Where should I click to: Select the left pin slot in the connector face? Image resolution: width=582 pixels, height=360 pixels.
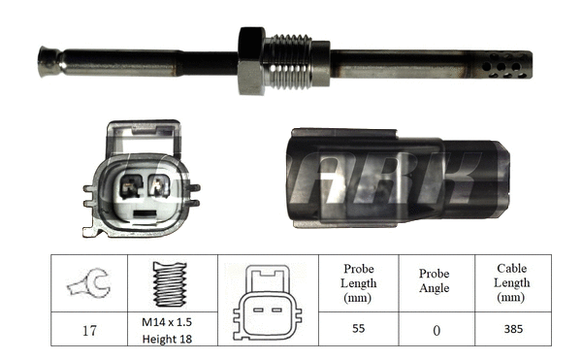[x=128, y=184]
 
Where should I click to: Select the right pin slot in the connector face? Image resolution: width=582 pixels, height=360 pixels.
[x=159, y=184]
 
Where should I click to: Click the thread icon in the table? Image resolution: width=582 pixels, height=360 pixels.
[x=168, y=283]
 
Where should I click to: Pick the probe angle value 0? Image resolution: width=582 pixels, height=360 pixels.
[x=436, y=330]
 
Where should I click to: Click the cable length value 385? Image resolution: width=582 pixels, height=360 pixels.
[x=513, y=329]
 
